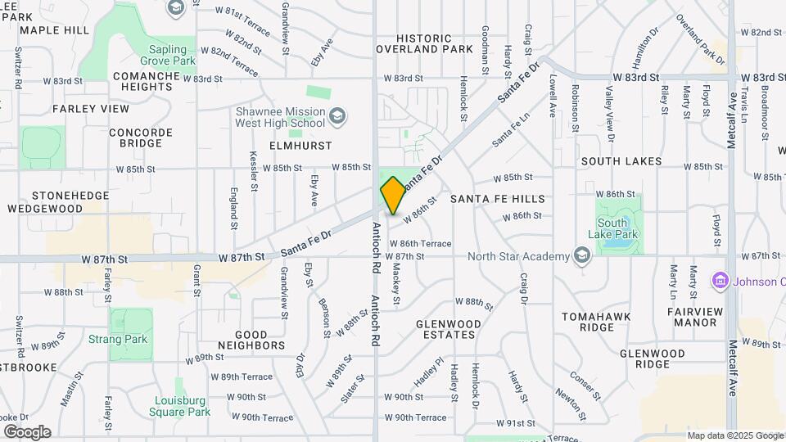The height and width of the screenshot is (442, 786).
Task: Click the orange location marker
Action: [393, 196]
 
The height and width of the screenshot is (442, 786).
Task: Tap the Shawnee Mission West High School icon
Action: [337, 117]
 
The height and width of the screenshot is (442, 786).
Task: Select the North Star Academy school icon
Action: [581, 257]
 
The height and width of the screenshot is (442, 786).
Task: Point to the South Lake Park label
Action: [618, 228]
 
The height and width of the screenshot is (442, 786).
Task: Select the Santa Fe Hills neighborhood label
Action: [497, 199]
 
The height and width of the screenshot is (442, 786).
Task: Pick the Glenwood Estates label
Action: [446, 329]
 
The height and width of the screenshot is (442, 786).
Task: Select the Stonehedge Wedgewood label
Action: [45, 202]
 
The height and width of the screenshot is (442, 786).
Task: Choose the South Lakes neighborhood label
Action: [621, 161]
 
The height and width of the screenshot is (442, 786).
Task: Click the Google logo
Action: [27, 432]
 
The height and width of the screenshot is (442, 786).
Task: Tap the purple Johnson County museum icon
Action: [720, 282]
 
